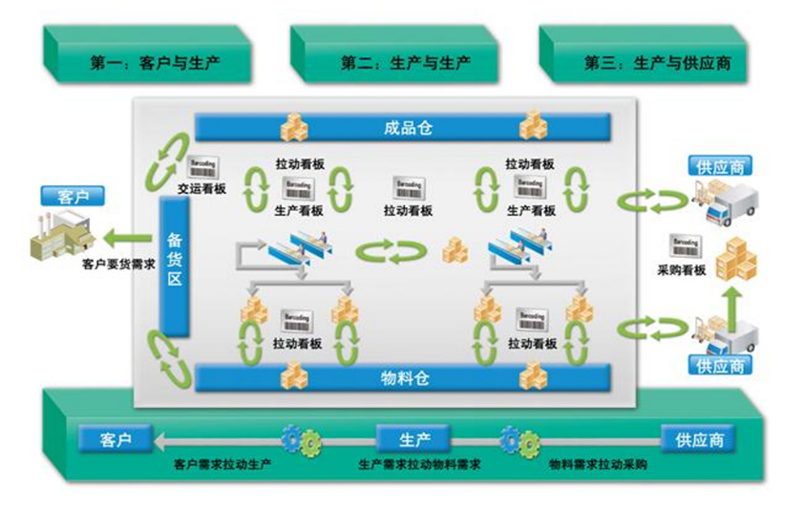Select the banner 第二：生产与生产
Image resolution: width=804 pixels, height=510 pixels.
click(391, 64)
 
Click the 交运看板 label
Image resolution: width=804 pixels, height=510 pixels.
click(201, 188)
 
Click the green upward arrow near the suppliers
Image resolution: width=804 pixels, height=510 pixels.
click(734, 298)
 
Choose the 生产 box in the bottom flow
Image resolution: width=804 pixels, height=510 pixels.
click(413, 440)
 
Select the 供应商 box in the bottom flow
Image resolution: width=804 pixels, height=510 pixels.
click(700, 440)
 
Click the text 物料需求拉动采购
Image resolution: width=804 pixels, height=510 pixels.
click(599, 465)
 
